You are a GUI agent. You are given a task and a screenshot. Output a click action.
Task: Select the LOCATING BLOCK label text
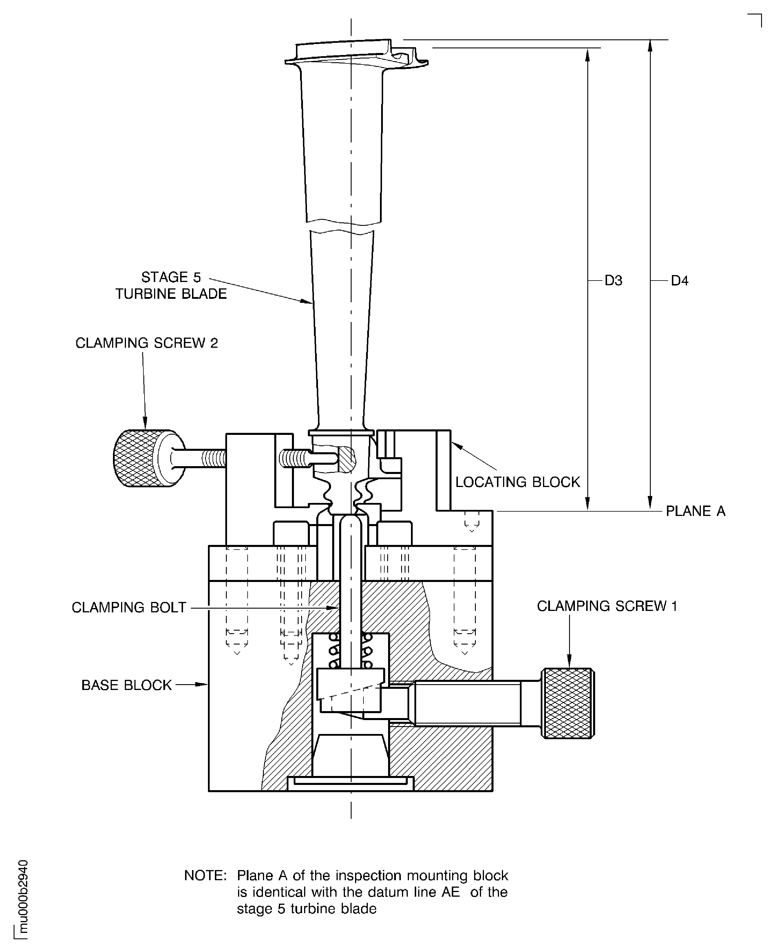click(518, 482)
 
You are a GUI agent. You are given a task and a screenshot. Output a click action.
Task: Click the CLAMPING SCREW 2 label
click(147, 343)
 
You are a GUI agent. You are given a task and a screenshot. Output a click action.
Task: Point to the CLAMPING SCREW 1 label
click(607, 606)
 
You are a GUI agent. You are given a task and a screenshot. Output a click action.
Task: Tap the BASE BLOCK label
click(126, 685)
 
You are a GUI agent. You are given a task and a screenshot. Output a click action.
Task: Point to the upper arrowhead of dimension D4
click(650, 46)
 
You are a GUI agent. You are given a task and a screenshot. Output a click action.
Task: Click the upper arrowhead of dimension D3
click(588, 54)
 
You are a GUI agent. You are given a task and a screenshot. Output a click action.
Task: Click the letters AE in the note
click(450, 892)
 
